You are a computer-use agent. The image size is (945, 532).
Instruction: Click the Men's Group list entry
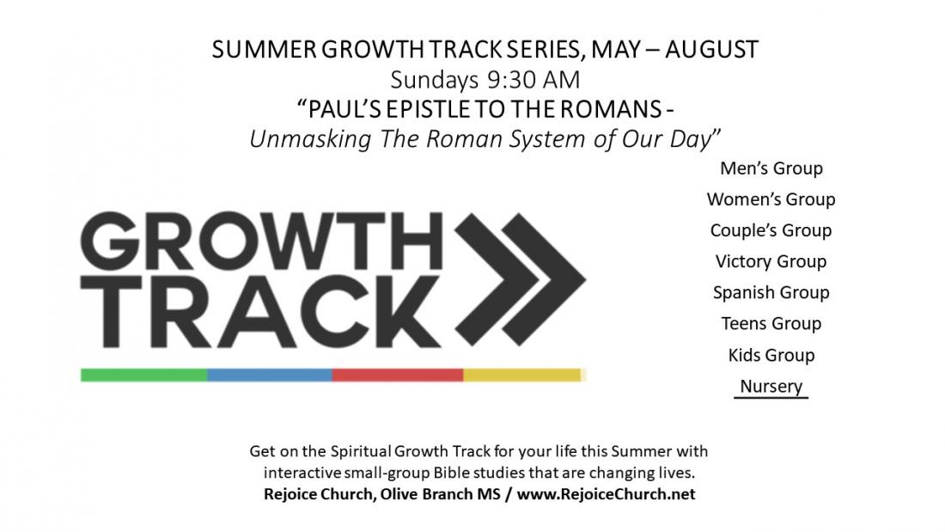click(x=771, y=168)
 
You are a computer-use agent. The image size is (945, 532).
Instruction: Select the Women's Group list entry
click(x=771, y=199)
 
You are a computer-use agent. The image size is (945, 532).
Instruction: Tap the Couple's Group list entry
click(x=771, y=230)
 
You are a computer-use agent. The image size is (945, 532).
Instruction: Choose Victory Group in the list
click(x=771, y=261)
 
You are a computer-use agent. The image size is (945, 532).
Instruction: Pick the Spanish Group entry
click(x=771, y=292)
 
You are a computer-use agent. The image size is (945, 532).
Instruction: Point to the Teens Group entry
click(x=771, y=323)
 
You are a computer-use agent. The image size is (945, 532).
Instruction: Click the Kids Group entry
click(x=771, y=355)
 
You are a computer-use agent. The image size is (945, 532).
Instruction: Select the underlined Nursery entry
click(x=771, y=386)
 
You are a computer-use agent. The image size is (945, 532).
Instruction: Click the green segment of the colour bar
click(x=144, y=375)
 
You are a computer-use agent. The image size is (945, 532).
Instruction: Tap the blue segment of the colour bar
click(x=270, y=375)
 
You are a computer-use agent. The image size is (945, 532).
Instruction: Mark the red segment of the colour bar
click(x=398, y=375)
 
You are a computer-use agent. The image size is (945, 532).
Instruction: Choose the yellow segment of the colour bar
click(x=523, y=375)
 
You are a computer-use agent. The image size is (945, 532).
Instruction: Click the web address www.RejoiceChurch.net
click(x=606, y=494)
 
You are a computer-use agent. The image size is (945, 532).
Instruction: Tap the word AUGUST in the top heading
click(x=712, y=50)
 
